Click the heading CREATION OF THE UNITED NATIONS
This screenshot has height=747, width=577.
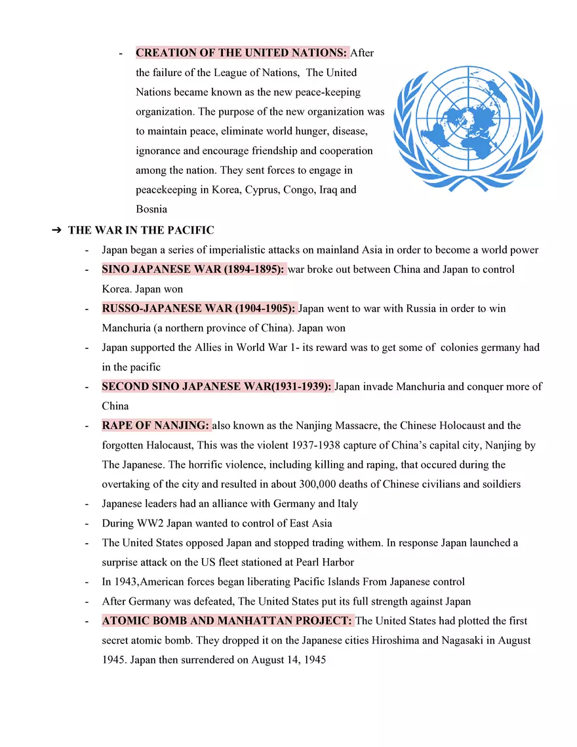coord(241,52)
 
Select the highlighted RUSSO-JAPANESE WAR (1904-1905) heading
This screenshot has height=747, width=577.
coord(199,308)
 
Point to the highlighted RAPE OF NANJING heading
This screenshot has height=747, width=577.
coord(155,426)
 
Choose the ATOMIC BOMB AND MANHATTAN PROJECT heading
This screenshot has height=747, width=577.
coord(227,620)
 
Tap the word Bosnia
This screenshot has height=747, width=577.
coord(151,210)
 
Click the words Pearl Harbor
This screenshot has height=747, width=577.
coord(325,562)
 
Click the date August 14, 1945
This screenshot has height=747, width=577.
coord(288,660)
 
